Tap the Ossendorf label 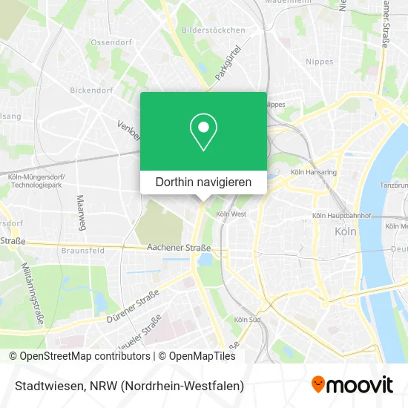tap(111, 42)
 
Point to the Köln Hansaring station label tap(314, 171)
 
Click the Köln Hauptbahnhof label tap(340, 215)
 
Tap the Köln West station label tap(231, 214)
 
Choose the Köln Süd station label tap(246, 319)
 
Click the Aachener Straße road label tap(179, 248)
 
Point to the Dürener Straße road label tap(134, 304)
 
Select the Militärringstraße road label tap(33, 293)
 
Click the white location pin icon tap(203, 132)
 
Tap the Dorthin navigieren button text tap(203, 181)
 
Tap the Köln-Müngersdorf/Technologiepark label tap(35, 182)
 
